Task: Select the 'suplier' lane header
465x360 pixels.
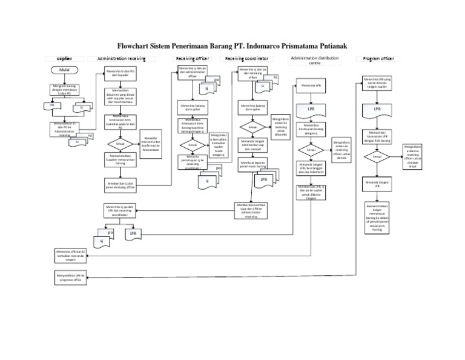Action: click(x=64, y=58)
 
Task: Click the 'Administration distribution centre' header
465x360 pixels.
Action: click(x=315, y=60)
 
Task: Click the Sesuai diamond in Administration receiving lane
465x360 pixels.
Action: click(x=120, y=144)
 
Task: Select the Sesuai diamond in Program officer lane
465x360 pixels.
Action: click(x=377, y=157)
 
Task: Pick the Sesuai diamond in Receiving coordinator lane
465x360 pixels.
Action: click(x=254, y=128)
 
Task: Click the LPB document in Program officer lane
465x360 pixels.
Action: click(x=377, y=110)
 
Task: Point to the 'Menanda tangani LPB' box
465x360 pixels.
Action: click(x=377, y=184)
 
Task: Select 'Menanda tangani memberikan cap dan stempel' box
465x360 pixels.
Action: click(x=254, y=146)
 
